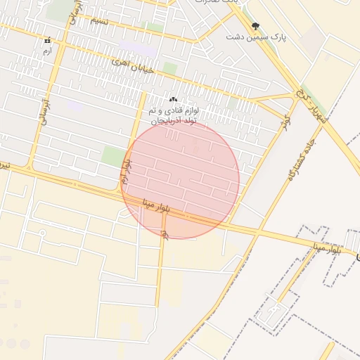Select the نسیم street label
click(x=99, y=21)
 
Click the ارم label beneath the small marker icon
click(x=47, y=52)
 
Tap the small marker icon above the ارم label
click(x=47, y=41)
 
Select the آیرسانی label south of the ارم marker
click(x=44, y=110)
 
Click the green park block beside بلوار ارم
click(x=112, y=156)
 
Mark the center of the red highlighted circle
click(x=180, y=180)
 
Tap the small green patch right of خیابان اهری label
click(x=169, y=68)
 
